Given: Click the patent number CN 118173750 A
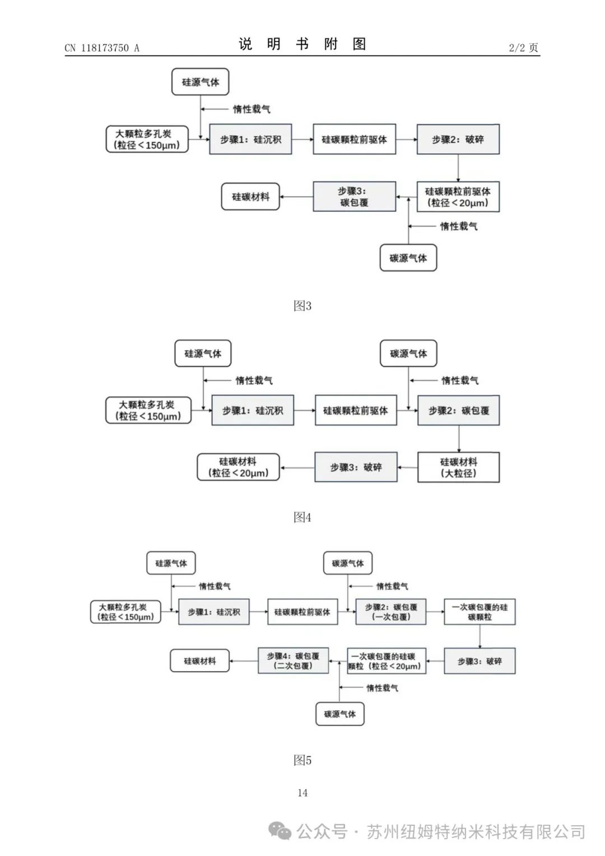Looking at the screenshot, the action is coord(101,48).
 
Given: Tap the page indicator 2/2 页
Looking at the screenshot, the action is coord(523,48).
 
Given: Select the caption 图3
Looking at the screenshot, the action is coord(302,305).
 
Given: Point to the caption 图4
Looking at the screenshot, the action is coord(302,517).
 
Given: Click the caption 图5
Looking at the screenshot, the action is coord(302,760).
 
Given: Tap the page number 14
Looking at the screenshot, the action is coord(302,793).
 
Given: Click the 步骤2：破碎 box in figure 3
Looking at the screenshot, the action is coord(458,139).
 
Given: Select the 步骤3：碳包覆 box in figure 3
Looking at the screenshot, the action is coord(354,197).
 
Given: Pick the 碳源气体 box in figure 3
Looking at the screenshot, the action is coord(408,258).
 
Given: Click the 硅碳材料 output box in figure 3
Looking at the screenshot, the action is coord(250,197).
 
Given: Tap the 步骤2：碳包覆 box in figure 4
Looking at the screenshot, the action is coord(458,411).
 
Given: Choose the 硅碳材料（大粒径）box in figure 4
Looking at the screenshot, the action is coord(458,467).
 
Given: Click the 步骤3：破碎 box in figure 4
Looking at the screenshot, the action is coord(356,467).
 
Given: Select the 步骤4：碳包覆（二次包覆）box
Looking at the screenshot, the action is coord(293,660).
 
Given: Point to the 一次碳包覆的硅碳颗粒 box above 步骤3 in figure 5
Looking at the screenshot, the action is coord(480,612).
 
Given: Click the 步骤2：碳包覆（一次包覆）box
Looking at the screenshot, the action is coord(390,612).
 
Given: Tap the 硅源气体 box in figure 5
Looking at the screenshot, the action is coord(171,563).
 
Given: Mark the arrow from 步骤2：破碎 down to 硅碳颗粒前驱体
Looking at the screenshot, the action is coord(458,168).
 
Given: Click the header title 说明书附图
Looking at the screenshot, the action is coord(302,44).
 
